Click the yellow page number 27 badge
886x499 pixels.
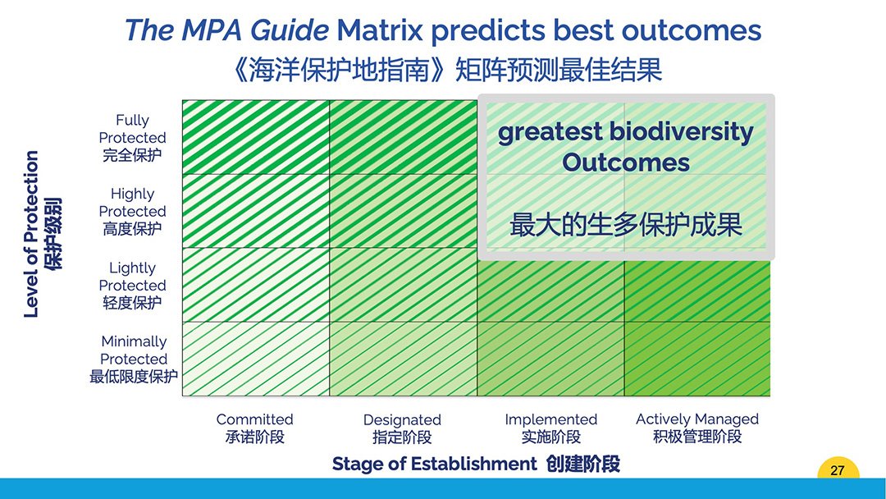[x=838, y=469]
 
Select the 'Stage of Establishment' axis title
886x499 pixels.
[x=434, y=464]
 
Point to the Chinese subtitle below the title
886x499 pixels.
[x=446, y=70]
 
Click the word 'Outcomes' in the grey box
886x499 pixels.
[x=625, y=163]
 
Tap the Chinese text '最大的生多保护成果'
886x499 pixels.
[x=625, y=224]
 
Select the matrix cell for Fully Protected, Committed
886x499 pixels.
[x=255, y=137]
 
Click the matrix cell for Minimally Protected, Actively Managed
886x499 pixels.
[x=697, y=359]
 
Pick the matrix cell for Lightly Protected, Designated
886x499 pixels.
[x=404, y=285]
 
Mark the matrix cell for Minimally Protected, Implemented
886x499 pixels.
[x=551, y=359]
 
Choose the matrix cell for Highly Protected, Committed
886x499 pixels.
[x=255, y=211]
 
